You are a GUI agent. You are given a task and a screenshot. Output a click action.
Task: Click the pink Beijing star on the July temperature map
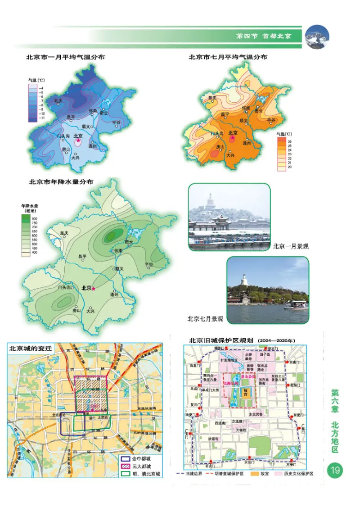233,138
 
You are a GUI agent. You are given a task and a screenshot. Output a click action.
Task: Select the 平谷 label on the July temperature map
271,120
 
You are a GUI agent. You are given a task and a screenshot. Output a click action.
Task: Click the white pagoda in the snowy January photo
210,201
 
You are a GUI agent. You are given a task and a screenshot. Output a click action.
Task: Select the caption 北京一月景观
290,247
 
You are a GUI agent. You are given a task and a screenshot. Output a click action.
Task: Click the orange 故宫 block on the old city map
246,392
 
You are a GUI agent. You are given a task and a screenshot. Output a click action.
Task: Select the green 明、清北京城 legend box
124,474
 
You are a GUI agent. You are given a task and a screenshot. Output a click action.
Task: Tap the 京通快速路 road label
146,408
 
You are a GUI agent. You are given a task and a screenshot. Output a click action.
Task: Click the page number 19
335,471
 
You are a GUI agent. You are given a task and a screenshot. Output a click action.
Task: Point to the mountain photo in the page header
317,36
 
